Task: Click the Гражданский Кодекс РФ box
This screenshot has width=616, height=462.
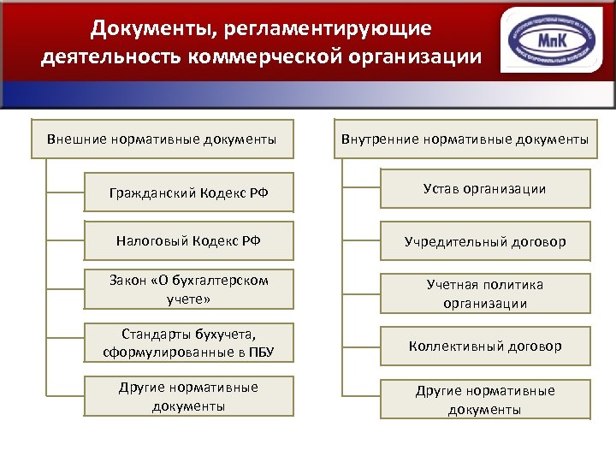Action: (188, 192)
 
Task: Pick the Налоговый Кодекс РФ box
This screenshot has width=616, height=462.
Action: (188, 241)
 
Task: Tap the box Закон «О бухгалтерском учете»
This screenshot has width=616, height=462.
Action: (188, 289)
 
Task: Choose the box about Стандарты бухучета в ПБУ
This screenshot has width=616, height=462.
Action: (188, 342)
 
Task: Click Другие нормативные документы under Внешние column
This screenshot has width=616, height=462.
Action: (188, 396)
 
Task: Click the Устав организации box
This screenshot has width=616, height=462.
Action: (485, 189)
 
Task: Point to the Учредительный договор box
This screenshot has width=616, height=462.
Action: (485, 242)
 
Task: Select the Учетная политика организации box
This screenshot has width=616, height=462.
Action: (485, 293)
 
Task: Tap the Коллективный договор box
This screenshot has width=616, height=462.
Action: (485, 346)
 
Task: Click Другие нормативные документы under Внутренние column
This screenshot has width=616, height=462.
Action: (485, 400)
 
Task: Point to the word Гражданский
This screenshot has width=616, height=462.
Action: (151, 192)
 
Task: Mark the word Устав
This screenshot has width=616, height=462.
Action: (442, 189)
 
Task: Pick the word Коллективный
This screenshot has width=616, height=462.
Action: (453, 346)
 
